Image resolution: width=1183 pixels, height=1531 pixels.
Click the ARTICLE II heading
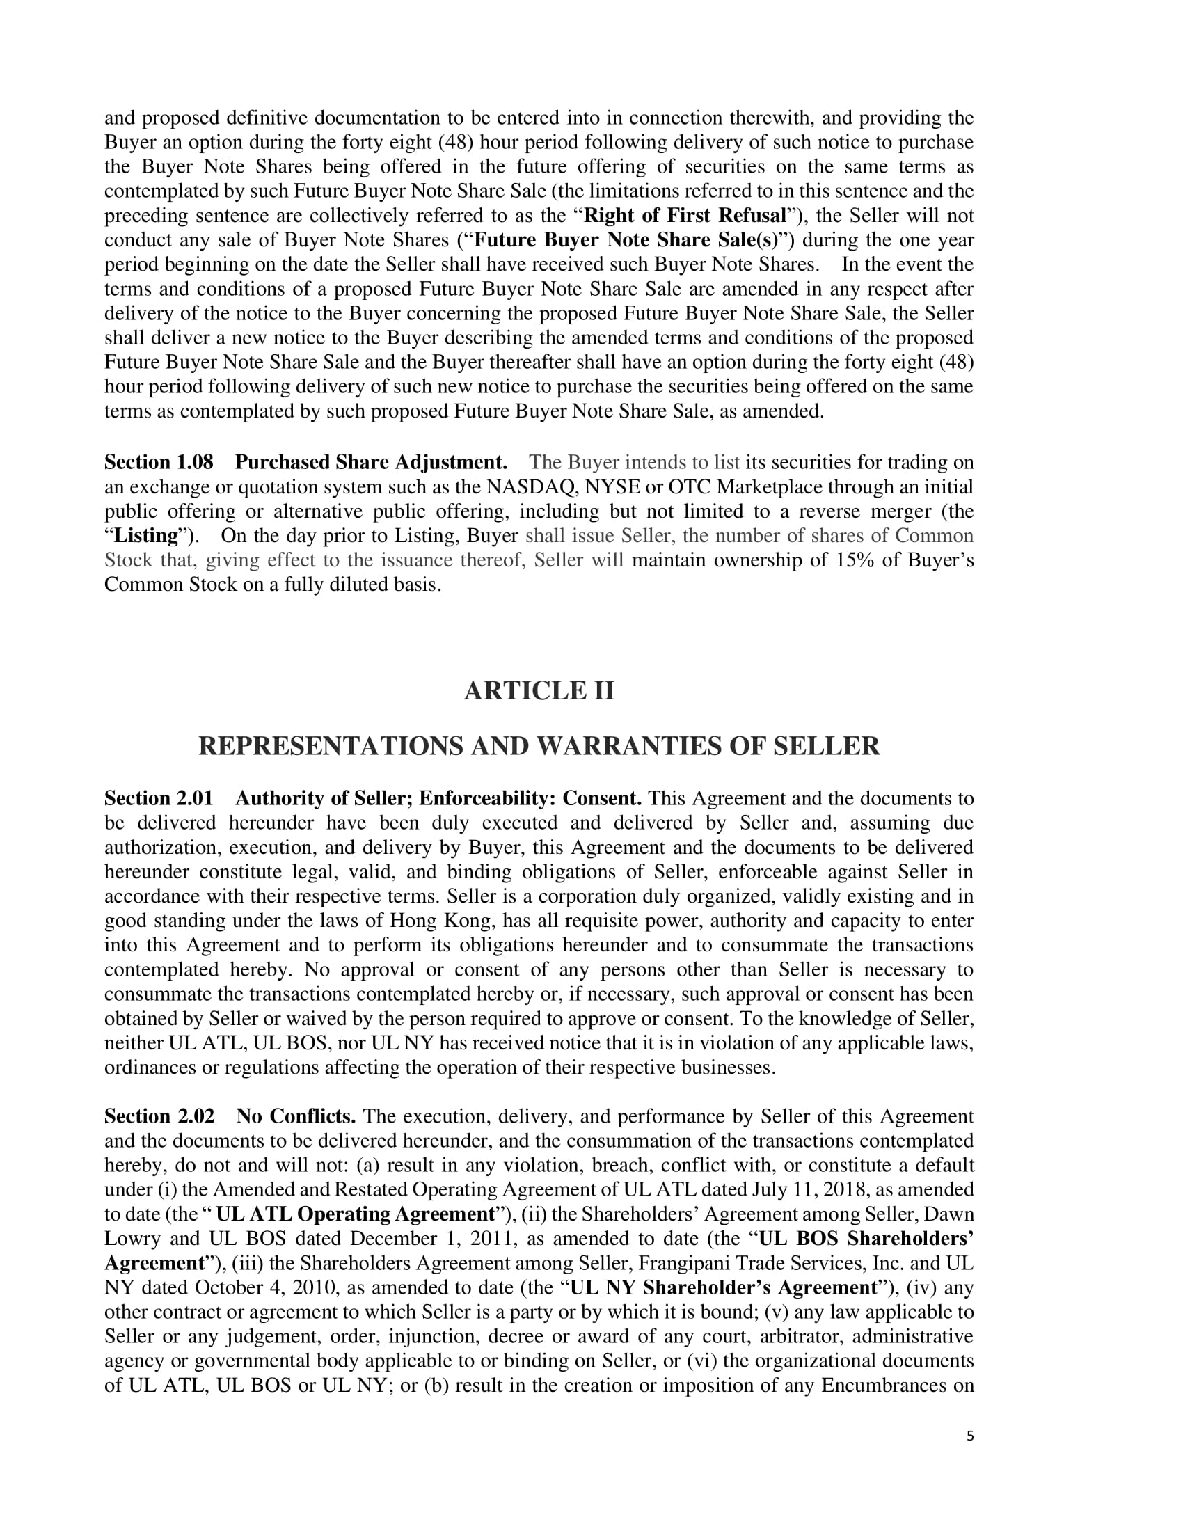tap(538, 691)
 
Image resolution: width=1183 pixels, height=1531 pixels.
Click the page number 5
tap(970, 1436)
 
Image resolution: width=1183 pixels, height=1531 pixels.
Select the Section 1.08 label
tap(159, 463)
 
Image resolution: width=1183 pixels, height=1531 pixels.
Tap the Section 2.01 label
tap(159, 798)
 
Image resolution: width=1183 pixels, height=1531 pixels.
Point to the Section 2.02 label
tap(159, 1117)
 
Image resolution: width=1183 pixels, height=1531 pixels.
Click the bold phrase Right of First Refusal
tap(685, 215)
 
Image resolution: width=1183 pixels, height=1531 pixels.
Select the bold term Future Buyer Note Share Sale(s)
tap(626, 240)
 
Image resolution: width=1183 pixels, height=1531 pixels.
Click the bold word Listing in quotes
tap(146, 536)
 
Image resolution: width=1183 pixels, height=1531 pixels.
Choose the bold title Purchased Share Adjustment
tap(371, 463)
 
